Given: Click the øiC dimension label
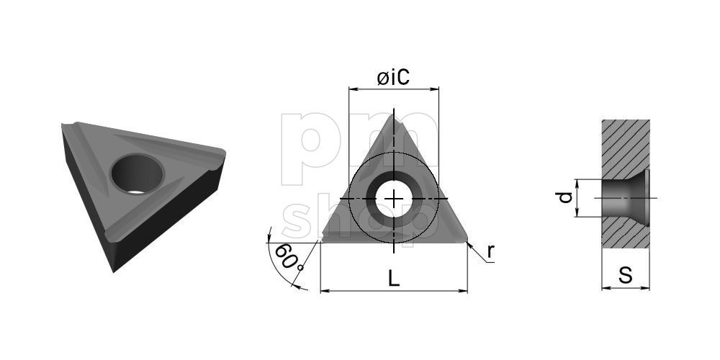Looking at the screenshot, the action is [x=393, y=78].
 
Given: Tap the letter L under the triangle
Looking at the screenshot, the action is [x=394, y=278].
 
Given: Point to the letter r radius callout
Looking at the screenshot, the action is [x=490, y=251].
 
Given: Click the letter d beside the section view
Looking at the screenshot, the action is [x=564, y=197].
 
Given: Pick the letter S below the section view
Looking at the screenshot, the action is [x=626, y=276].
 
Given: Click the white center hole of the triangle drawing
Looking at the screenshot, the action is [x=394, y=199].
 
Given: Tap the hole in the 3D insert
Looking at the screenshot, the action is [x=137, y=174].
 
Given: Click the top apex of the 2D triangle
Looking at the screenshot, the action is [x=392, y=114].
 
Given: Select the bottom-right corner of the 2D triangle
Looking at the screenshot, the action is [x=467, y=240].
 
